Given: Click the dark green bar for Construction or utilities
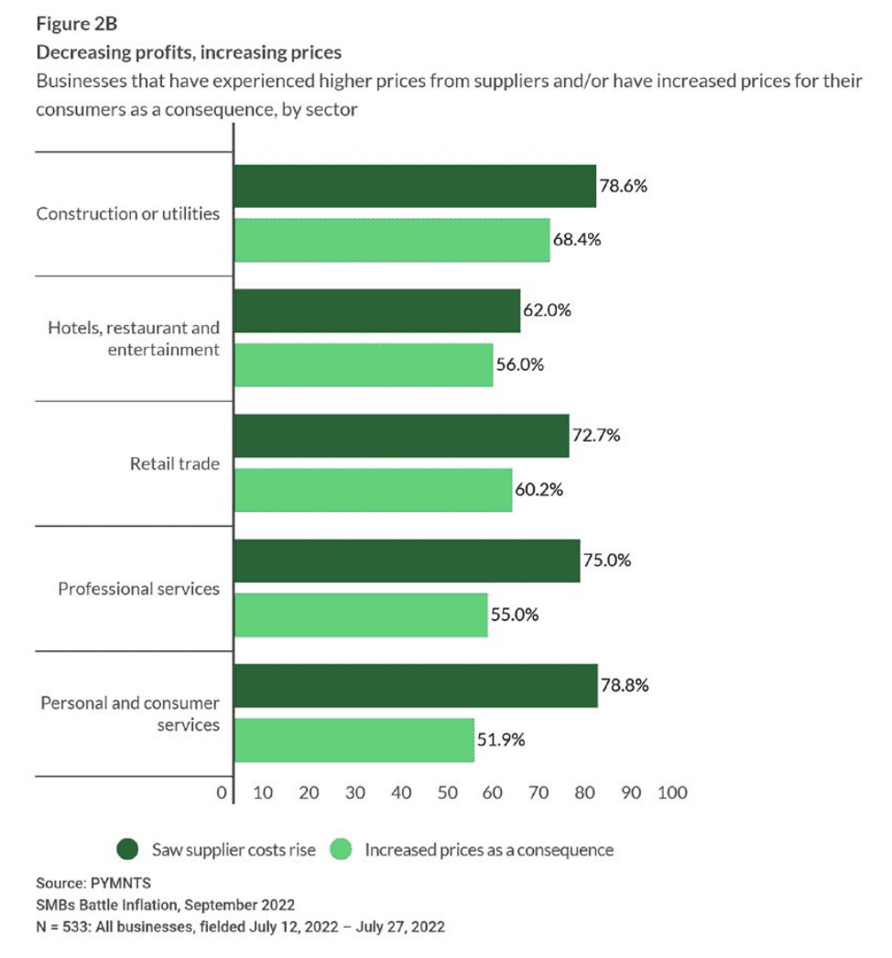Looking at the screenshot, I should pos(415,186).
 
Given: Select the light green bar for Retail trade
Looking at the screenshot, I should pos(373,490).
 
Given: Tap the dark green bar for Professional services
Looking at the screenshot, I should pos(408,561).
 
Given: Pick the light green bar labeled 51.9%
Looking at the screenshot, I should pos(354,740).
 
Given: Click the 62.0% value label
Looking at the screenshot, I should pos(547,310).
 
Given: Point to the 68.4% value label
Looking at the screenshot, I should pos(576,240).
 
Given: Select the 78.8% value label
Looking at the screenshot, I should pos(625,685).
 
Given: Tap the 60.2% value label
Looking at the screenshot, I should pos(538,490).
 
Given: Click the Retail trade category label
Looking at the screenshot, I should pos(175,463).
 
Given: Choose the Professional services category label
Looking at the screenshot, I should pos(139,588).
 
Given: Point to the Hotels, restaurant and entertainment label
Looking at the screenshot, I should pos(134,339).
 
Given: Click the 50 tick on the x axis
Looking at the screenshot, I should pos(447,792).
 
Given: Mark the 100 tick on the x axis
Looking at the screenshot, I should pos(672,792).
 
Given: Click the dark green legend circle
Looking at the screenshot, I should pos(128,850).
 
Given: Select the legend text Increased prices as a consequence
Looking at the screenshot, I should pos(489,850).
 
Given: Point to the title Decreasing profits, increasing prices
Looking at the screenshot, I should pos(189,52).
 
